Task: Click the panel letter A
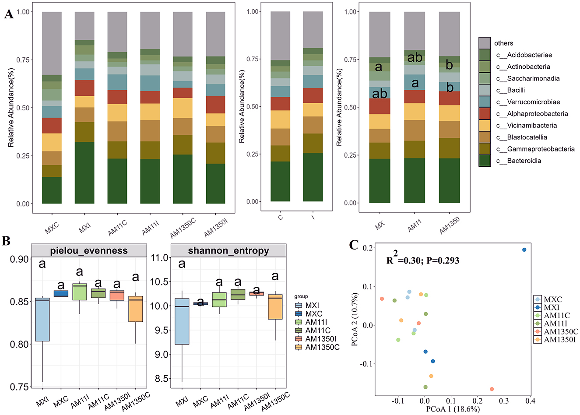pyautogui.click(x=8, y=14)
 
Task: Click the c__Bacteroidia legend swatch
pyautogui.click(x=485, y=161)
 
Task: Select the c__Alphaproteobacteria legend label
pyautogui.click(x=537, y=114)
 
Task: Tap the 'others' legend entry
pyautogui.click(x=503, y=43)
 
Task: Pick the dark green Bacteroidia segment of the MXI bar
pyautogui.click(x=84, y=173)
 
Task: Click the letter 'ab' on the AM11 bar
pyautogui.click(x=415, y=58)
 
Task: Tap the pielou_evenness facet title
pyautogui.click(x=89, y=251)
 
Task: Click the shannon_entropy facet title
pyautogui.click(x=228, y=251)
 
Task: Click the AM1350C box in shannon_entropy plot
pyautogui.click(x=274, y=306)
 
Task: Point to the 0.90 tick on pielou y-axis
pyautogui.click(x=19, y=259)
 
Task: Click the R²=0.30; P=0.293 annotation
pyautogui.click(x=422, y=260)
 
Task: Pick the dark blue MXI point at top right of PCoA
pyautogui.click(x=524, y=250)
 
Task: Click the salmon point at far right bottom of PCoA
pyautogui.click(x=492, y=389)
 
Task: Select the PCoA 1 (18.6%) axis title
pyautogui.click(x=453, y=409)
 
